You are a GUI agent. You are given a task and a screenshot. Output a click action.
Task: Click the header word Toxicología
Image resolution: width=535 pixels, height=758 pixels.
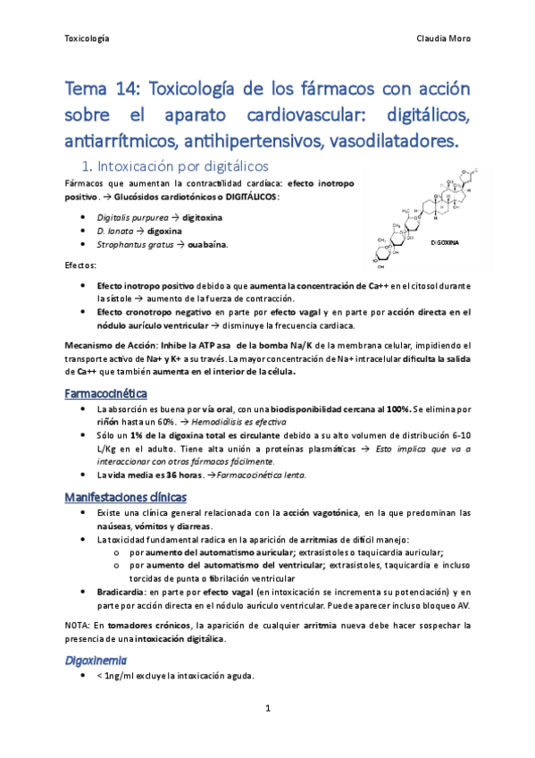click(88, 38)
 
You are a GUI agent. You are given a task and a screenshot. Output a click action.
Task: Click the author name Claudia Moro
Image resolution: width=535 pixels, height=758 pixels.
click(443, 38)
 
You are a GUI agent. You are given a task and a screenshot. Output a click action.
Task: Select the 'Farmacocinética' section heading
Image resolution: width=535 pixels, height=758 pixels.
click(107, 393)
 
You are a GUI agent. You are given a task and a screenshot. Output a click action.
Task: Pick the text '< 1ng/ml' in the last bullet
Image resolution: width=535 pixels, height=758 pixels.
click(110, 676)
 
